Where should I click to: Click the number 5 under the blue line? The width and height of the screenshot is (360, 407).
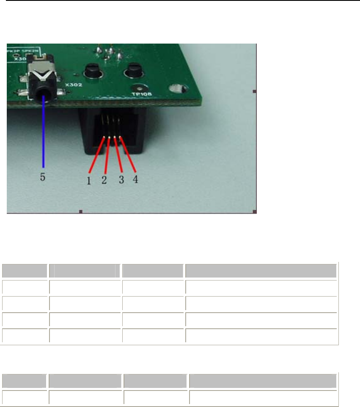43,178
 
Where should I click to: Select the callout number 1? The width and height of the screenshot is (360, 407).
89,181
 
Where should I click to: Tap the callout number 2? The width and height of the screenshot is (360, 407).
104,180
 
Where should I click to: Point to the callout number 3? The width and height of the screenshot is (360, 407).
121,180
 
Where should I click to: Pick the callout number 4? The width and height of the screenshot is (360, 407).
135,179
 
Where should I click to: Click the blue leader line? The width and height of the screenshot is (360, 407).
43,135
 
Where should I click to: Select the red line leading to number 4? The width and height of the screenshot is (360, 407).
127,154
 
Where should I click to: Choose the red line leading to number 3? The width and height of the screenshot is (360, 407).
118,155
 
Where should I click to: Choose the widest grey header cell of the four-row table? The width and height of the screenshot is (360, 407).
260,270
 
